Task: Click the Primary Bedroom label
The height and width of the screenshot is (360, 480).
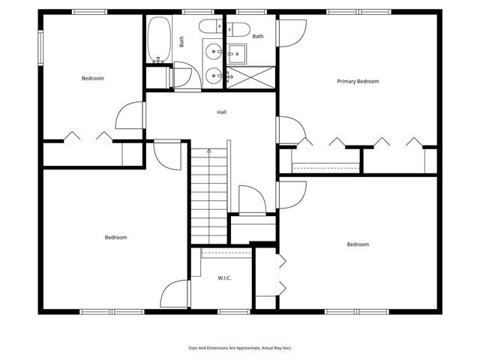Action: (x=358, y=81)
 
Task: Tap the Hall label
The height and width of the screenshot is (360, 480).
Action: (x=222, y=112)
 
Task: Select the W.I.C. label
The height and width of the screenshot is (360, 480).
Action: (x=224, y=278)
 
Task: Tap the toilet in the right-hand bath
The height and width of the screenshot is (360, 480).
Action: (x=239, y=31)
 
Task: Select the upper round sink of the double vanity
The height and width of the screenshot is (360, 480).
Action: (x=214, y=52)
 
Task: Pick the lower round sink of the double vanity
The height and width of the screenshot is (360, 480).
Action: (x=214, y=75)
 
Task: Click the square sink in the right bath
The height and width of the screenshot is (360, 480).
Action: (x=237, y=52)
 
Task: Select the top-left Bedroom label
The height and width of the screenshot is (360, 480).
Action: (x=92, y=79)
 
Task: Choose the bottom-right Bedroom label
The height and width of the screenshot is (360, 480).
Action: (x=358, y=244)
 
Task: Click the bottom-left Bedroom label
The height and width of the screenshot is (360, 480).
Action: (x=115, y=238)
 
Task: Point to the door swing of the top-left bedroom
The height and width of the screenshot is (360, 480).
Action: (x=130, y=115)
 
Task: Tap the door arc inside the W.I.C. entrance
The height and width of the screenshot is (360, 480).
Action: (x=176, y=293)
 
